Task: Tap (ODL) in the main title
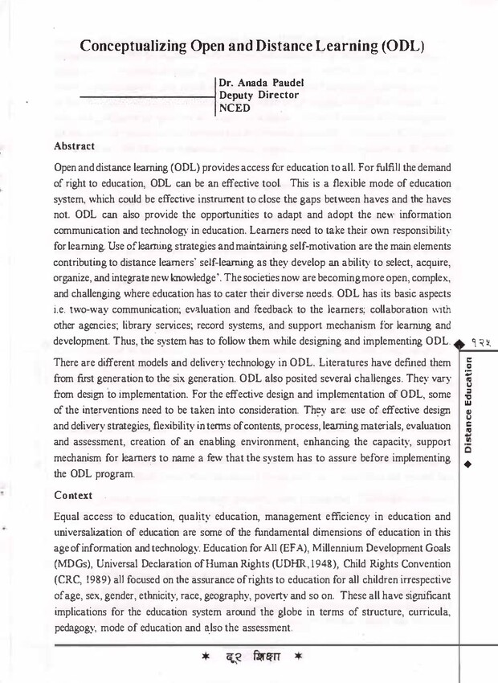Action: click(x=394, y=46)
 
